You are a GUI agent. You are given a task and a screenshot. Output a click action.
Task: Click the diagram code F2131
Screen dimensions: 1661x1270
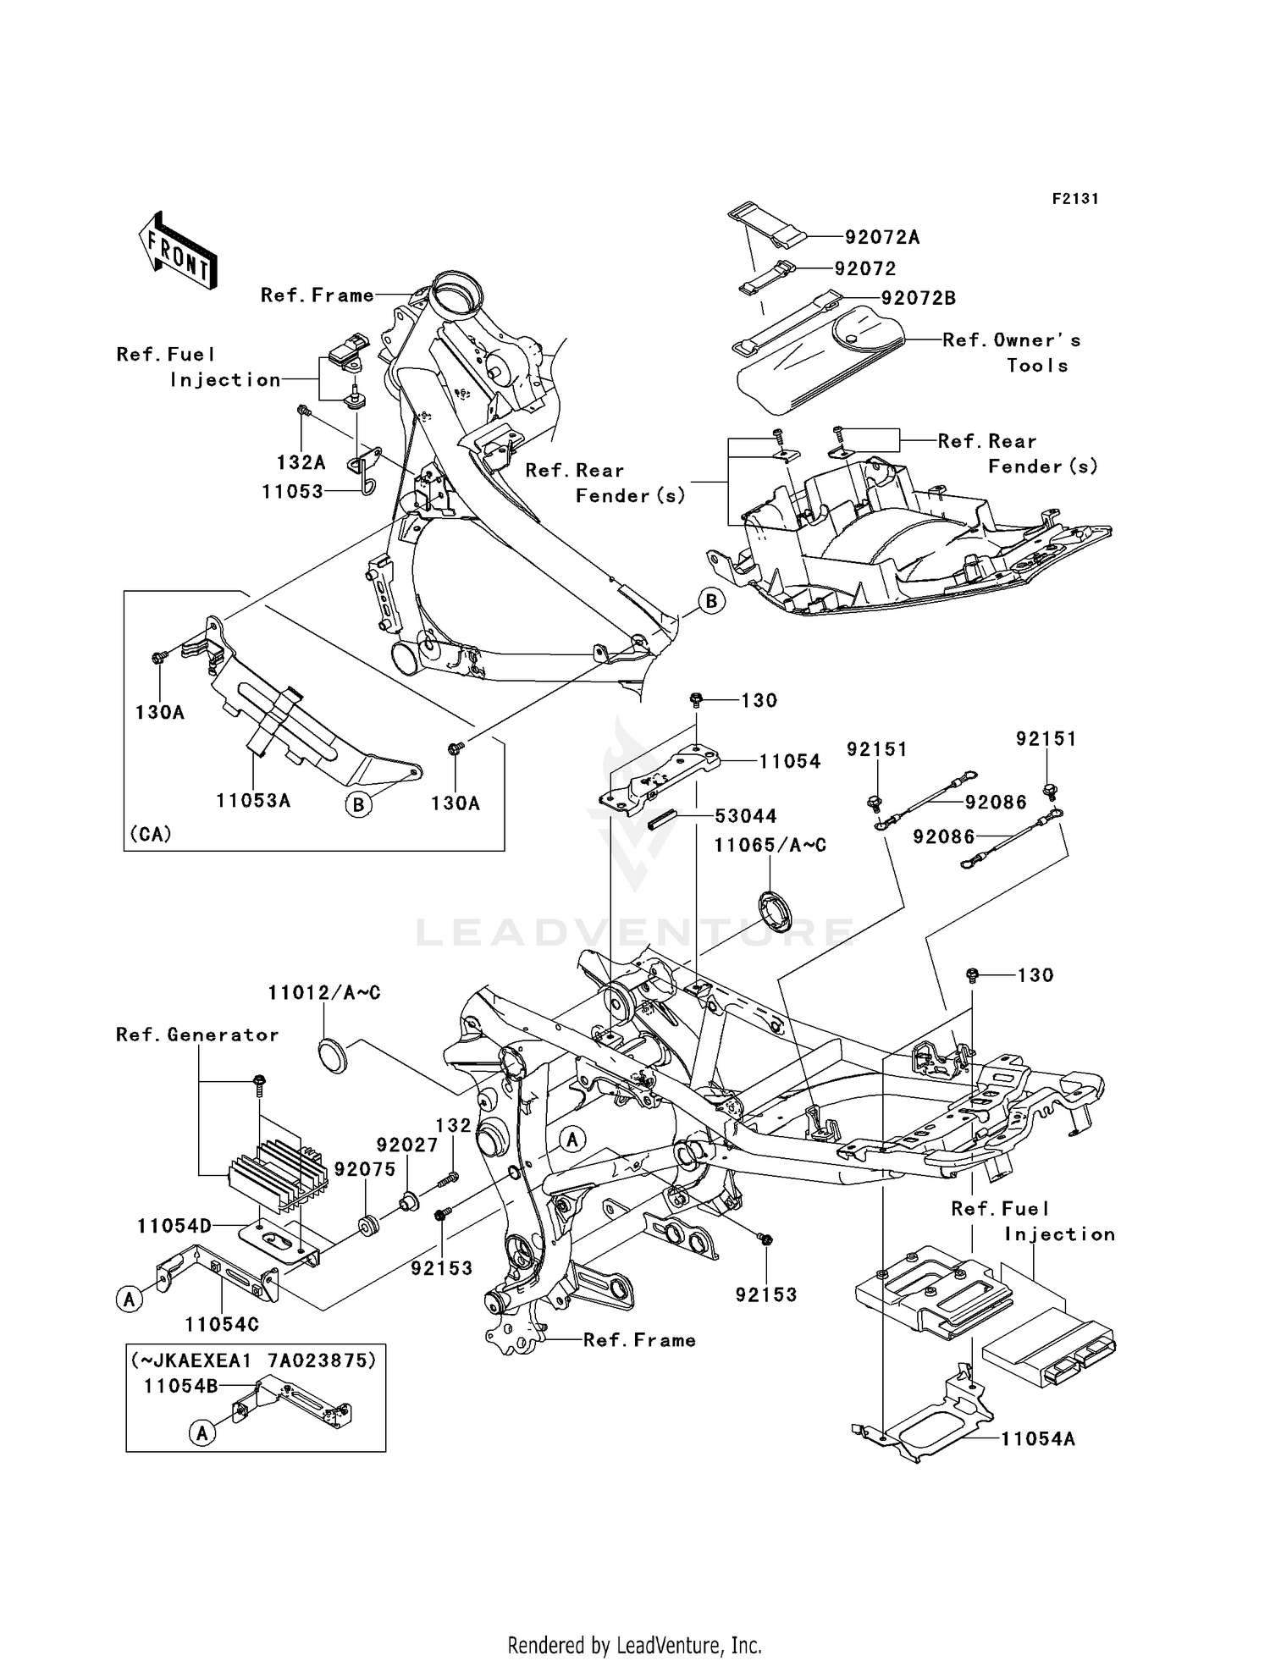pyautogui.click(x=1074, y=199)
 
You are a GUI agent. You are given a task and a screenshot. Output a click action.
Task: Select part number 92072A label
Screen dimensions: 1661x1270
pyautogui.click(x=881, y=238)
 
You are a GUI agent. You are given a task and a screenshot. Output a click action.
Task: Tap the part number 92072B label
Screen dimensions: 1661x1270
pyautogui.click(x=918, y=299)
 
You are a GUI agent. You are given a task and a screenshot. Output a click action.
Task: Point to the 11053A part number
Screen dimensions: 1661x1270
pyautogui.click(x=253, y=800)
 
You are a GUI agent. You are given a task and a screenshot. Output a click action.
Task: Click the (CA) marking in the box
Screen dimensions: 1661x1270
pyautogui.click(x=151, y=834)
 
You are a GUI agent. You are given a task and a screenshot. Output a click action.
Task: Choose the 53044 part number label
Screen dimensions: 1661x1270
pyautogui.click(x=745, y=816)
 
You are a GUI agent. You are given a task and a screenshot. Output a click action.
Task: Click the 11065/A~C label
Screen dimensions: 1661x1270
pyautogui.click(x=770, y=846)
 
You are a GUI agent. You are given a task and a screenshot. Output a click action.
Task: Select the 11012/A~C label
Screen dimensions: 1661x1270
pyautogui.click(x=324, y=993)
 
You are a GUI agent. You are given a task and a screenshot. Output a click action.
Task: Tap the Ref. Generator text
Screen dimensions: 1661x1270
pyautogui.click(x=197, y=1035)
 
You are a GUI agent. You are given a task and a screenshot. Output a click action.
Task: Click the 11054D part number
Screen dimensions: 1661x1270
pyautogui.click(x=174, y=1225)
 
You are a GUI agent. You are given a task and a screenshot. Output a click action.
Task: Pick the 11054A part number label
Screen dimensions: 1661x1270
pyautogui.click(x=1037, y=1438)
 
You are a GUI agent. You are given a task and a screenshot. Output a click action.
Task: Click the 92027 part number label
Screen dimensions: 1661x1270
pyautogui.click(x=407, y=1145)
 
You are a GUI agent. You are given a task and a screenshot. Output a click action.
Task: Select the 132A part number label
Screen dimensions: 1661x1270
pyautogui.click(x=301, y=463)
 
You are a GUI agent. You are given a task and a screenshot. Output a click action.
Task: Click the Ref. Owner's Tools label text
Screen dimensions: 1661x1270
pyautogui.click(x=1012, y=352)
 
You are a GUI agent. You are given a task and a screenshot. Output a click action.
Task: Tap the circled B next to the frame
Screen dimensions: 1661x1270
pyautogui.click(x=711, y=601)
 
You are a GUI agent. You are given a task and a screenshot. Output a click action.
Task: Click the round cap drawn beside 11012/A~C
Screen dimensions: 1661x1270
pyautogui.click(x=334, y=1057)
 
